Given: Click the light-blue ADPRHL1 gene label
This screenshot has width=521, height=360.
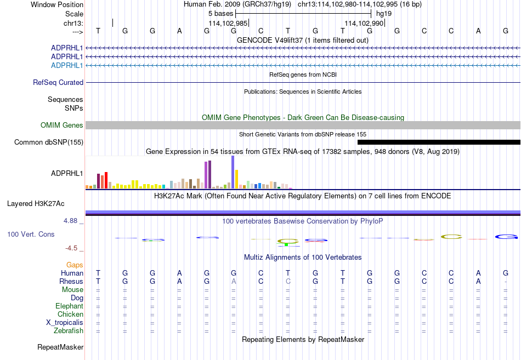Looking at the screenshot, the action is [x=67, y=65].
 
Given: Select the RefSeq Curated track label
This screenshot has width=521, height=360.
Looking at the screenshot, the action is [x=58, y=82].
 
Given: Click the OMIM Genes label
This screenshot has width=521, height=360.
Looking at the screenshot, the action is [x=62, y=125].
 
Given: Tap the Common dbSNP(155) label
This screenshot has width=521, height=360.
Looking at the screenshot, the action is [x=49, y=142].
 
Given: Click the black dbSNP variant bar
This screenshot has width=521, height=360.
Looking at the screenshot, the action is [x=439, y=142].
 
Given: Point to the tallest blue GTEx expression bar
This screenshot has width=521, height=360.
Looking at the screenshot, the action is [x=233, y=172].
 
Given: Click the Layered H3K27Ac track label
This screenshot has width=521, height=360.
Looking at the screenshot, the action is [x=36, y=204].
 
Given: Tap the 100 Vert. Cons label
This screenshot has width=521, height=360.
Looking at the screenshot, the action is [x=31, y=234].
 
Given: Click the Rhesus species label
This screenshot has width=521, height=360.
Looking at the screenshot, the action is [x=71, y=281].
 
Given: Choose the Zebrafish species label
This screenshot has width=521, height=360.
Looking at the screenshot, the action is [x=69, y=331].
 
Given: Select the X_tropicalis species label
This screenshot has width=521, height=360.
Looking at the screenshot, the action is [x=65, y=323].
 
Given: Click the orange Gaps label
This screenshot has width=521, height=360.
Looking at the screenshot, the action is [x=75, y=265].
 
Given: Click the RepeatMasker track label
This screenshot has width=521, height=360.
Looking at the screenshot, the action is [x=60, y=347].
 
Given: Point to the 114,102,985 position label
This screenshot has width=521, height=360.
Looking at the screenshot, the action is [x=228, y=23].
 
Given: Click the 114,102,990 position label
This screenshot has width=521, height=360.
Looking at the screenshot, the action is [x=364, y=23].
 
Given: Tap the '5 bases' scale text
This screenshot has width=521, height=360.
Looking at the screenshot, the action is [x=220, y=14].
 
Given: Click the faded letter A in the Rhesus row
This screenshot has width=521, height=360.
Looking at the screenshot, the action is [x=234, y=281].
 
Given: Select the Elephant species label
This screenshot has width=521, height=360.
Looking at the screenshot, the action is [x=70, y=306].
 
